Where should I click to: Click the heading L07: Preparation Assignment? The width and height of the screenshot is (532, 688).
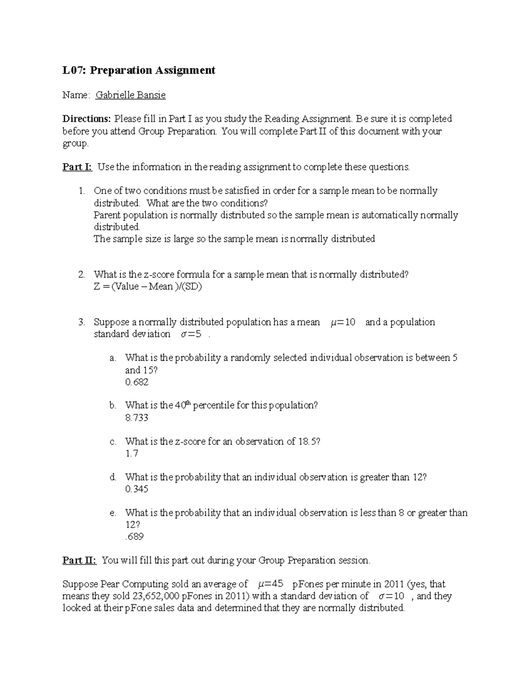pos(139,70)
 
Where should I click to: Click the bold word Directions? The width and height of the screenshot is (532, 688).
pos(86,119)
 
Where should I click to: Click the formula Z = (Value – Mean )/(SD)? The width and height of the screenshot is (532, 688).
pos(148,287)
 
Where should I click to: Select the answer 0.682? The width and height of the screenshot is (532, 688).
pos(137,382)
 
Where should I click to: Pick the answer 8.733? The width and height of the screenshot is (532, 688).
pos(137,418)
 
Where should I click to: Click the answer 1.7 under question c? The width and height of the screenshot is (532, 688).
pos(132,454)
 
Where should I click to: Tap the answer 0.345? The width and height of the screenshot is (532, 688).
pos(137,490)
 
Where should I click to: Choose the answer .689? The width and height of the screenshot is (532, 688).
pos(134,537)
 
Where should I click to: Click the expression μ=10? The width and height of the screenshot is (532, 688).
pos(343,323)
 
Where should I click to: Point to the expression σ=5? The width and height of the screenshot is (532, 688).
pos(191,334)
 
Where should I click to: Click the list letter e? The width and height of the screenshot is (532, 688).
pos(113,513)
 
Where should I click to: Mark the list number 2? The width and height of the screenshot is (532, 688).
pos(81,275)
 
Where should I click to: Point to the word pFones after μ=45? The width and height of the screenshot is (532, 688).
pos(305,584)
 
